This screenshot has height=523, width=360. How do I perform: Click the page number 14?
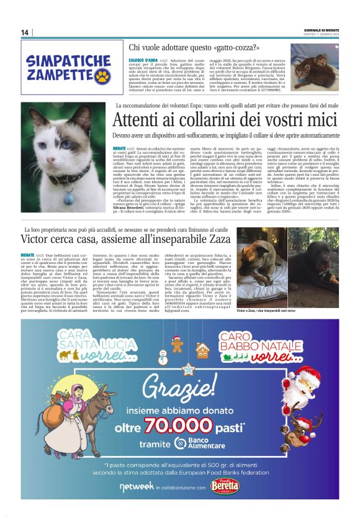pyautogui.click(x=25, y=33)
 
